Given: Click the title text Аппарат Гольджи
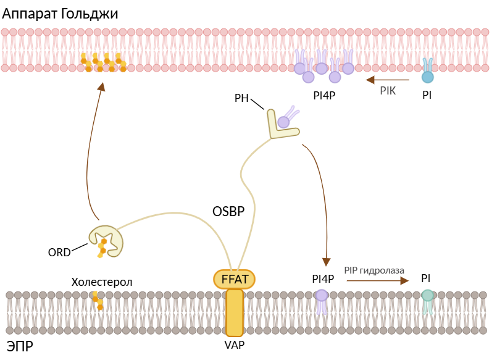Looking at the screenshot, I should [60, 13].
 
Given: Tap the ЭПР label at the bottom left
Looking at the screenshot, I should [20, 345].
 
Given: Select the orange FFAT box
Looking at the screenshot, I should [235, 279].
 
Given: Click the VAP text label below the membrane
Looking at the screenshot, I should [235, 345].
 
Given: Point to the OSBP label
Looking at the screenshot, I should [228, 211].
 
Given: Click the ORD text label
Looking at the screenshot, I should [59, 252].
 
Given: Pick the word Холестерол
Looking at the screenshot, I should [102, 282].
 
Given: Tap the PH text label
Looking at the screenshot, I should [241, 98].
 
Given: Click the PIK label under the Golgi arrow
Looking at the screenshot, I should [387, 91].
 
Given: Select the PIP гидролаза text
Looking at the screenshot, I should [374, 270].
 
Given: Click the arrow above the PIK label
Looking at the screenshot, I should [387, 80].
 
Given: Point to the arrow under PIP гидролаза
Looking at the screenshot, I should [377, 280].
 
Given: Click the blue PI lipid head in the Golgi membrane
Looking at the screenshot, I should [427, 77].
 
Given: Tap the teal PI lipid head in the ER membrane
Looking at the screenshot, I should [427, 295].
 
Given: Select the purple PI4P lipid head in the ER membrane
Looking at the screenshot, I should [322, 295].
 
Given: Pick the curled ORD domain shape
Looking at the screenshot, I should [105, 238].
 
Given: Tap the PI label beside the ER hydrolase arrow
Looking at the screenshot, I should [426, 278].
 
